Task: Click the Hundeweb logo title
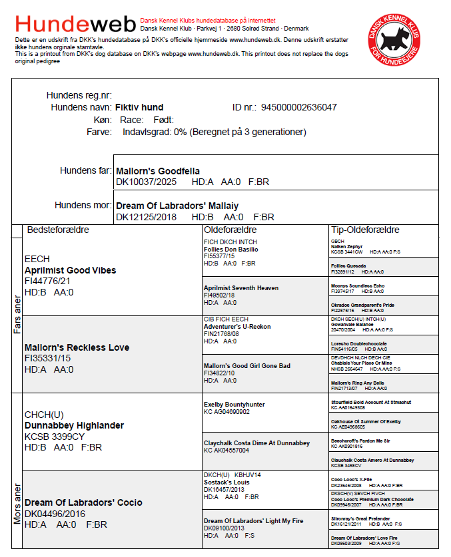[75, 25]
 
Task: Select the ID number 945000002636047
[298, 107]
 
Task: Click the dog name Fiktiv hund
[139, 107]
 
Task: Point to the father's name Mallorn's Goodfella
[157, 171]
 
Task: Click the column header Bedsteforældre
[57, 230]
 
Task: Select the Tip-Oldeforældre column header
[365, 230]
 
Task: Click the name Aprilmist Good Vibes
[70, 270]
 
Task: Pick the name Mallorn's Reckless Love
[77, 347]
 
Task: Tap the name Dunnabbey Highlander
[74, 425]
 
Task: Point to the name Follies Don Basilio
[230, 249]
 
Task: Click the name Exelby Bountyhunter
[234, 404]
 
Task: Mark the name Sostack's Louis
[226, 482]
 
